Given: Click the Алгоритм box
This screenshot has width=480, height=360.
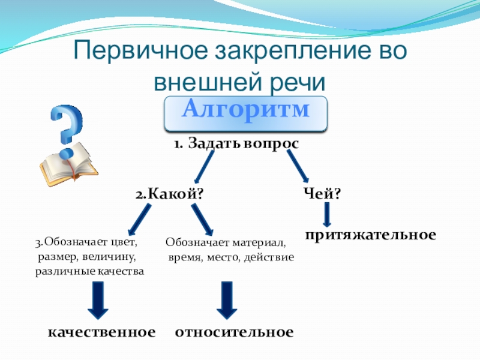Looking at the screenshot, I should [246, 111].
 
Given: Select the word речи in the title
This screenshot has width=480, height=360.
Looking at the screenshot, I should [296, 81].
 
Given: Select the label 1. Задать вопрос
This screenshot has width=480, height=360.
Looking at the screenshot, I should [236, 144].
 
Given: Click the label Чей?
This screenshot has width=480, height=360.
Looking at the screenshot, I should [322, 194].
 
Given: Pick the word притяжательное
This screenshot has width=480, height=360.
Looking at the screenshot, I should [370, 234].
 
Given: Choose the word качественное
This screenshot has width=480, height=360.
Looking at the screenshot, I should [101, 332].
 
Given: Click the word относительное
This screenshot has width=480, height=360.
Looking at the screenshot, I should [234, 332].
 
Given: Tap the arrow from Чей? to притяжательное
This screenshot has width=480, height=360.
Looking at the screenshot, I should [327, 214].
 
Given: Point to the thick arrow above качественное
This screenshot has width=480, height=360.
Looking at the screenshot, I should [98, 300].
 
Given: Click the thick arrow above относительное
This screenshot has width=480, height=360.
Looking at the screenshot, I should [227, 300].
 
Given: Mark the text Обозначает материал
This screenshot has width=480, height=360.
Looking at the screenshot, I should [226, 244].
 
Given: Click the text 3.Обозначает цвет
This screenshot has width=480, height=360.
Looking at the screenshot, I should [86, 243].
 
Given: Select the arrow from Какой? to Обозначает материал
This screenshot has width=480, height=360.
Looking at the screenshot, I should [202, 220].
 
